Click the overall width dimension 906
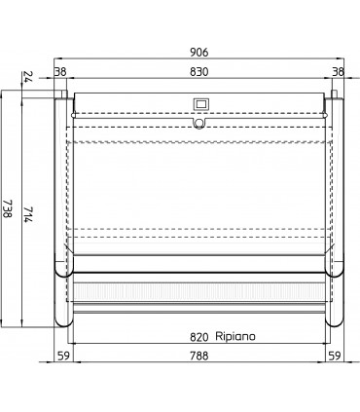[199, 52]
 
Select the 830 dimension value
[199, 71]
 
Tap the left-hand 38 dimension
[60, 71]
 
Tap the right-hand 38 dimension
[338, 71]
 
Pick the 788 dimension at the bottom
[200, 356]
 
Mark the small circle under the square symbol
[199, 122]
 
